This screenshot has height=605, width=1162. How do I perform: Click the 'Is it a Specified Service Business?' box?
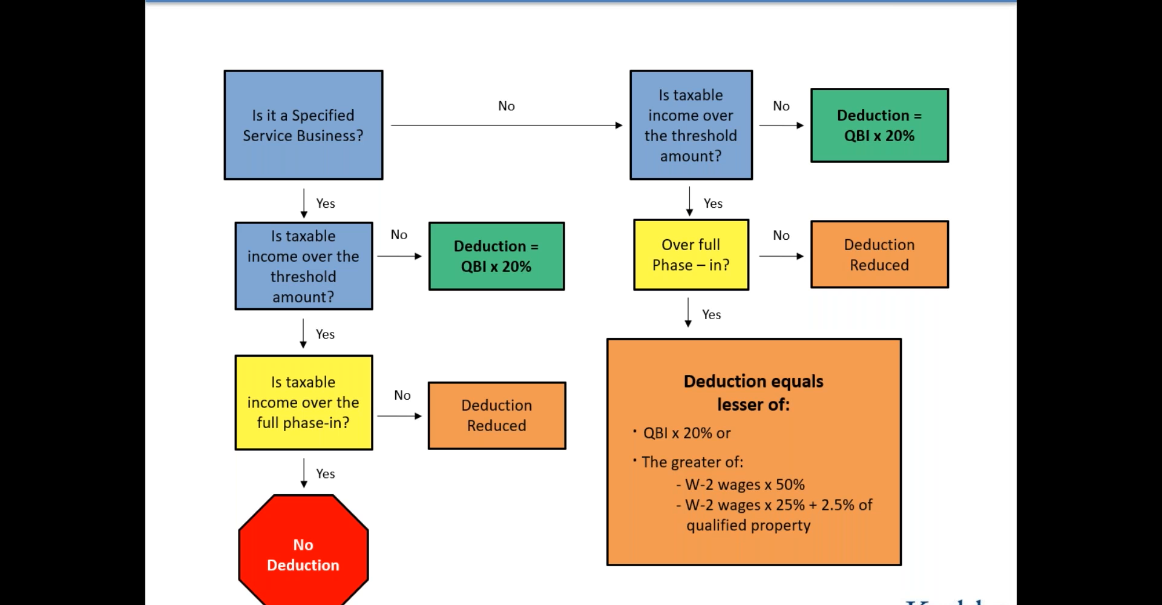tap(303, 125)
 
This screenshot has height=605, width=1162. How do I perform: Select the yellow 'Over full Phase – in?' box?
tap(691, 255)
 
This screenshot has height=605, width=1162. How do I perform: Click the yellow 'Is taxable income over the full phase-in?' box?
tap(303, 403)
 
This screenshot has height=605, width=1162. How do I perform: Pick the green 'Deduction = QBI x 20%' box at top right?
tap(879, 125)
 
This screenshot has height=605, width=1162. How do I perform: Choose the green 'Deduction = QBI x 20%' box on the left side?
tap(496, 256)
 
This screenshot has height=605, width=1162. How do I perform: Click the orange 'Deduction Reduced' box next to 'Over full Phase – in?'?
tap(879, 255)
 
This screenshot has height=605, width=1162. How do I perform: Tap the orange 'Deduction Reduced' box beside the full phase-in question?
tap(496, 415)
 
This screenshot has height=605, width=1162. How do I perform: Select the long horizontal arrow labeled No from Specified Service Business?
tap(506, 125)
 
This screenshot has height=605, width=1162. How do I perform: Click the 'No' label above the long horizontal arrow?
tap(507, 106)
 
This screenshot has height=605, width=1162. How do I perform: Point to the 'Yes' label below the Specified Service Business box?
tap(326, 203)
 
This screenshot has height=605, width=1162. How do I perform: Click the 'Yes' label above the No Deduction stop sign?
tap(326, 474)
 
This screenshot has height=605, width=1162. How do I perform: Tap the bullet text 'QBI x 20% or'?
tap(686, 433)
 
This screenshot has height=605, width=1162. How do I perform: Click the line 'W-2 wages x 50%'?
tap(744, 484)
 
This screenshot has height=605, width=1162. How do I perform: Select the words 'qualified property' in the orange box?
tap(748, 525)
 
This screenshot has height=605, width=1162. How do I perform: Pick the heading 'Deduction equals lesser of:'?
tap(753, 392)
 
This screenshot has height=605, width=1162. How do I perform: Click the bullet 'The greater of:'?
tap(692, 462)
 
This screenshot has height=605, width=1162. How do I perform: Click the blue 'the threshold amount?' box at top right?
tap(691, 125)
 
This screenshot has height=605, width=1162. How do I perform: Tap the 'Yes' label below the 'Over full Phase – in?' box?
tap(711, 314)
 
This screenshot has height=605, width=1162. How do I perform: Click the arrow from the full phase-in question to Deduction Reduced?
tap(399, 416)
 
